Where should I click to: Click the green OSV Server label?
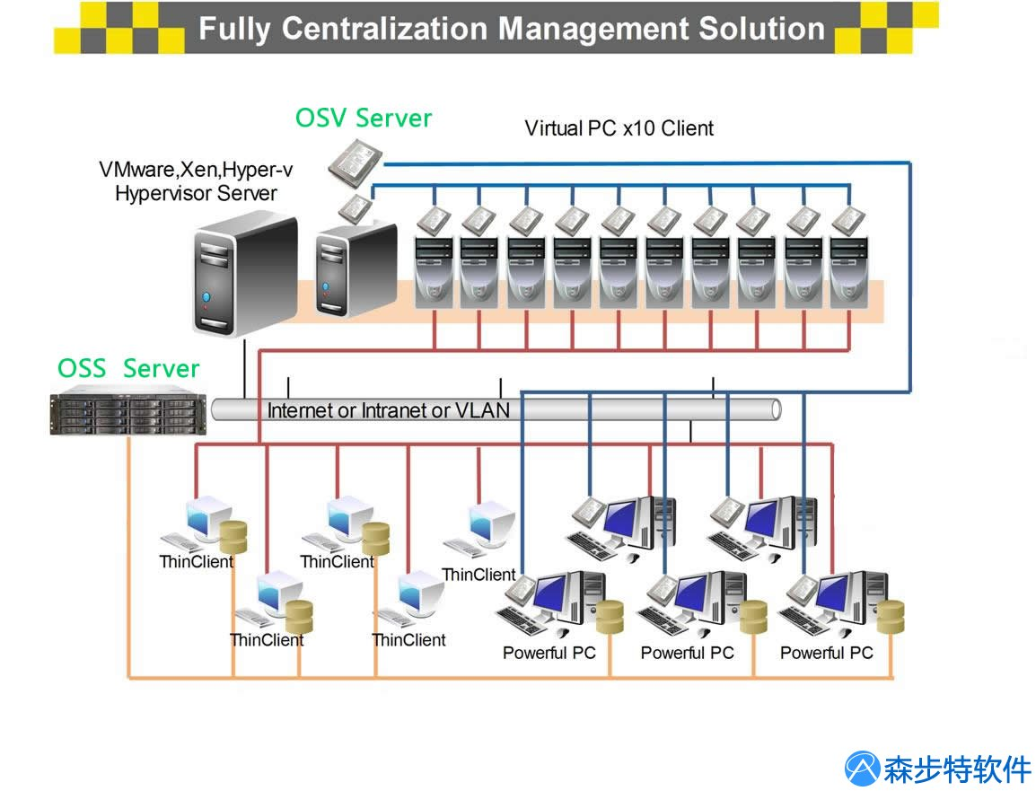tap(364, 119)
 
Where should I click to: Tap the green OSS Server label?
tap(128, 368)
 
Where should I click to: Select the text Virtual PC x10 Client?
tap(619, 128)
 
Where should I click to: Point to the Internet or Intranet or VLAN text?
tap(389, 411)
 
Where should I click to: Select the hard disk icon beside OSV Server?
tap(355, 163)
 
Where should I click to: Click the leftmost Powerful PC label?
tap(549, 653)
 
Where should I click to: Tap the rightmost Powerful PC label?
tap(826, 653)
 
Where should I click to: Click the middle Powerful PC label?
tap(687, 653)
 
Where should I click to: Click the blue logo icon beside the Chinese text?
tap(863, 769)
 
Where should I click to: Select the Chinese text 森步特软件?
tap(957, 769)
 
